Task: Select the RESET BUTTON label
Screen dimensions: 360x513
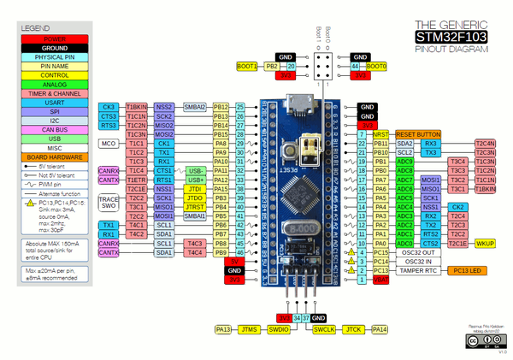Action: pyautogui.click(x=417, y=134)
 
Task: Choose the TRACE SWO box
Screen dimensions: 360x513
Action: pyautogui.click(x=109, y=202)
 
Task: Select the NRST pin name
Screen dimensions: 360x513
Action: pyautogui.click(x=380, y=134)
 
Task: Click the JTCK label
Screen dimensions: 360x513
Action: pyautogui.click(x=352, y=329)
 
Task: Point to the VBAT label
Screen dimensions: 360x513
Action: pyautogui.click(x=380, y=280)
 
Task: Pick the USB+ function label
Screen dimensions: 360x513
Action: pyautogui.click(x=196, y=180)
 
